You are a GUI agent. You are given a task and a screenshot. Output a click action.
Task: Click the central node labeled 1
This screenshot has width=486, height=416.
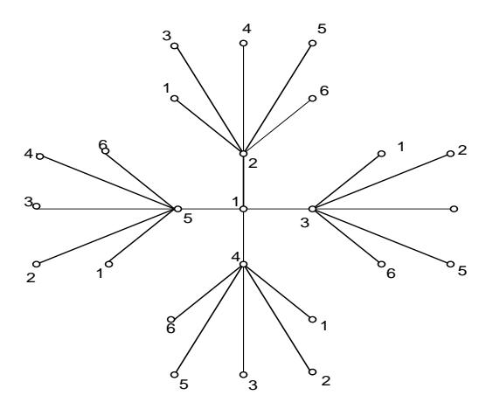click(244, 209)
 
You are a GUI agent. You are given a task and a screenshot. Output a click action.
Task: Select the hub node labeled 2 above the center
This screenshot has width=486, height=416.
click(244, 154)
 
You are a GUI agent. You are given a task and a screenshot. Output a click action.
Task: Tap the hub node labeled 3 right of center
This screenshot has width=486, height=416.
click(312, 209)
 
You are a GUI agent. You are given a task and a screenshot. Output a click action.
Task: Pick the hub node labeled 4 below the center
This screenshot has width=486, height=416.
click(244, 264)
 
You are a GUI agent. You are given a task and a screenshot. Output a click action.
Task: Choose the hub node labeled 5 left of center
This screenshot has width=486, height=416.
click(178, 209)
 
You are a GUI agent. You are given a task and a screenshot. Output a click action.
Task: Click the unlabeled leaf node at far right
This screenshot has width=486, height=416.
click(454, 209)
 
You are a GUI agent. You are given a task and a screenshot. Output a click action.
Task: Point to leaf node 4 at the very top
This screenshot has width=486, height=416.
click(244, 43)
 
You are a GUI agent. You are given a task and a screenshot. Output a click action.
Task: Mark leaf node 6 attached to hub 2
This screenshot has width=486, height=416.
click(312, 98)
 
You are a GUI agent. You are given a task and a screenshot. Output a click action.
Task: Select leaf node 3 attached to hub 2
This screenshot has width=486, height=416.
click(175, 45)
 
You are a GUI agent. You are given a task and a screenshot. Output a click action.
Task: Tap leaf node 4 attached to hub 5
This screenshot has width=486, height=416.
click(40, 156)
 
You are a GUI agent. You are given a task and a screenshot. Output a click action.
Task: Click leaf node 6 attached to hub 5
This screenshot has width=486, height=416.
click(106, 151)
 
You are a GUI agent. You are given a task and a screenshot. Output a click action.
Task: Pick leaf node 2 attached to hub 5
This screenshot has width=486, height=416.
click(37, 264)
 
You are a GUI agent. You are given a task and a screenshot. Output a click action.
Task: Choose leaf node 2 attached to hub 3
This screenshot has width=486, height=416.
click(450, 154)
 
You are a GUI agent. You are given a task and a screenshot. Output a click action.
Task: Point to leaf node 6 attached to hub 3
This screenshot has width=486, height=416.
click(381, 264)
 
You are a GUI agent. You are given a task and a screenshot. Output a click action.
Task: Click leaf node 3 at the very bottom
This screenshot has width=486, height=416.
click(244, 374)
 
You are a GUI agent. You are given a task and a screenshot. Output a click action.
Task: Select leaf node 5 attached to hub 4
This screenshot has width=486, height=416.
click(175, 374)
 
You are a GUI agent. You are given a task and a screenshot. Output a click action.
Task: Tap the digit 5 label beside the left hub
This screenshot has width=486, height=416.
click(188, 218)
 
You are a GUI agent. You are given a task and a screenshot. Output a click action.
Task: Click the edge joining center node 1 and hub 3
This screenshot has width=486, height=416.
click(278, 209)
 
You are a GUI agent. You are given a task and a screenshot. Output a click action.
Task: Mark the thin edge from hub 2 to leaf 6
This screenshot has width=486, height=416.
click(278, 126)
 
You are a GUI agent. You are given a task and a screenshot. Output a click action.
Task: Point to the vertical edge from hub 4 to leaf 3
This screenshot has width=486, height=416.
click(244, 319)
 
